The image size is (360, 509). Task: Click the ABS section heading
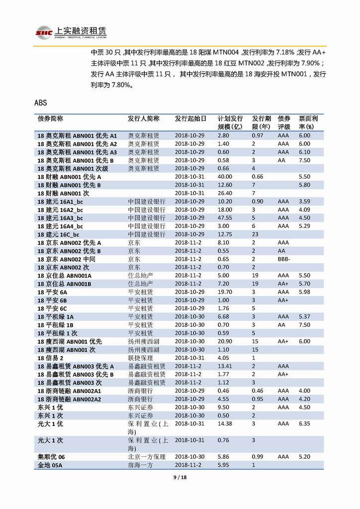click(41, 103)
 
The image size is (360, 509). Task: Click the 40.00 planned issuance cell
click(225, 177)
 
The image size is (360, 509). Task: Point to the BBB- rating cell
click(285, 259)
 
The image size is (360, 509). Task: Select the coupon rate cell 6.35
click(304, 423)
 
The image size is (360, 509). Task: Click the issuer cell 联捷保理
click(140, 358)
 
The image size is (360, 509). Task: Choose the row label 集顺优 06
click(51, 456)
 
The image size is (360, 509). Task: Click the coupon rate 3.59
click(304, 202)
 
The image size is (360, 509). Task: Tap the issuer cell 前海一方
click(140, 465)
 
